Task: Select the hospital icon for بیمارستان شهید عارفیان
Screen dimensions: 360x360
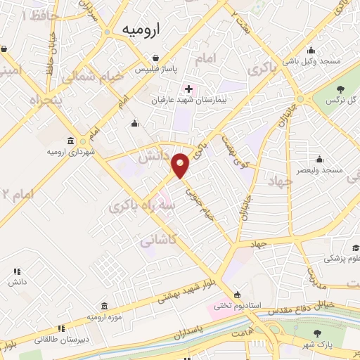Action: (x=188, y=89)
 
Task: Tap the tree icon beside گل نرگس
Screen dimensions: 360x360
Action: (x=341, y=89)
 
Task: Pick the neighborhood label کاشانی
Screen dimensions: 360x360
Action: (x=157, y=241)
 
